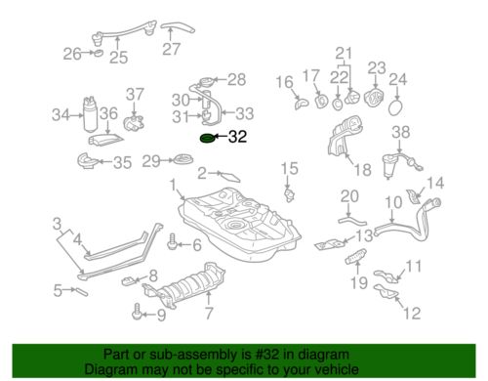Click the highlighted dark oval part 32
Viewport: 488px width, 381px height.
tap(208, 139)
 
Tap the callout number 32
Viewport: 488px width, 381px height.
tap(237, 139)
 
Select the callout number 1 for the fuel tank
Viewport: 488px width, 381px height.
tap(173, 184)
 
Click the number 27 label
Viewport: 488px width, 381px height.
tap(172, 49)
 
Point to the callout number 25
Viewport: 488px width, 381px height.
tap(118, 59)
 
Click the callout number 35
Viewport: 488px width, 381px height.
tap(122, 162)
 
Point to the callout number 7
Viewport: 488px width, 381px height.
tap(207, 314)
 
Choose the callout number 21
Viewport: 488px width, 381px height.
tap(343, 53)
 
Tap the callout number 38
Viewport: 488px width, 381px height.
tap(401, 131)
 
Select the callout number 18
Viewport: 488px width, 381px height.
tap(362, 170)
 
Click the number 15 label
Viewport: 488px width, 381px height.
tap(288, 170)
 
